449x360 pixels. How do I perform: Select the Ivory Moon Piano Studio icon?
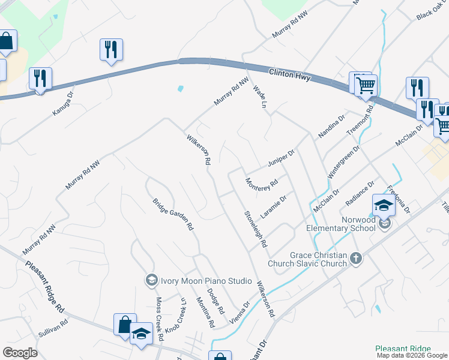pyautogui.click(x=151, y=280)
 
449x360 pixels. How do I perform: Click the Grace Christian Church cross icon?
pyautogui.click(x=356, y=259)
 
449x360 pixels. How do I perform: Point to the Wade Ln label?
pyautogui.click(x=259, y=96)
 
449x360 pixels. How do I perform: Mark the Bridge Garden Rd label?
pyautogui.click(x=172, y=214)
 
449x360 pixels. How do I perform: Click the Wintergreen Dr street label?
pyautogui.click(x=343, y=163)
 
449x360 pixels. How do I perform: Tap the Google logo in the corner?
pyautogui.click(x=20, y=352)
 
